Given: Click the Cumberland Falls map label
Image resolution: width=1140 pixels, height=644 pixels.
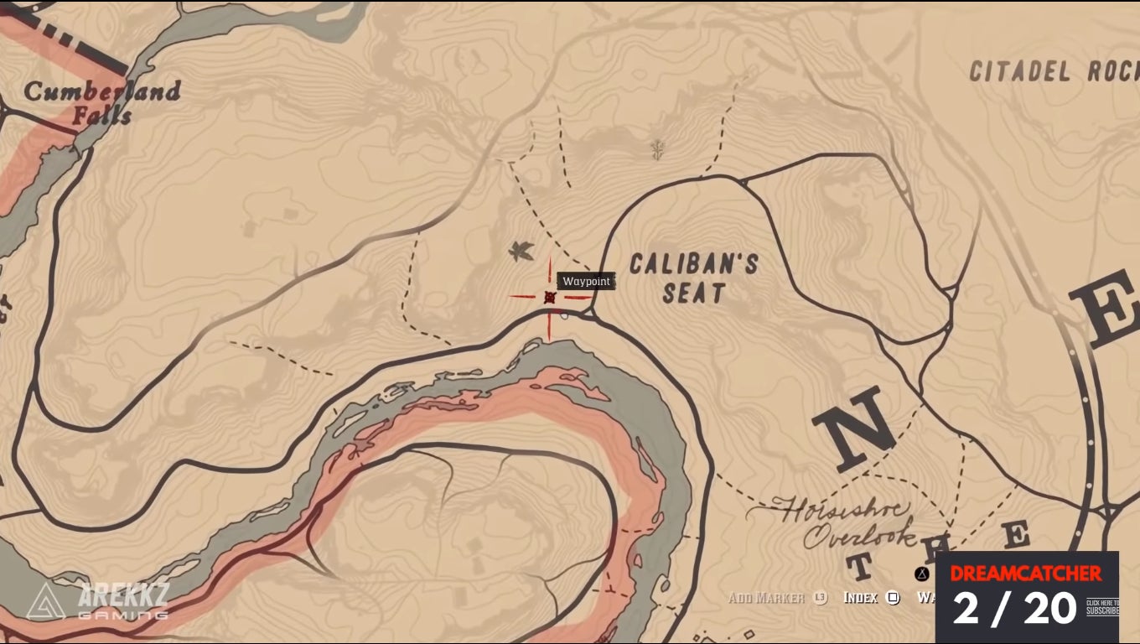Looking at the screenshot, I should coord(101,102).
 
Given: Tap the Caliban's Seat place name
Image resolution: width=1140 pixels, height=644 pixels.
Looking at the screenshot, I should coord(693,278).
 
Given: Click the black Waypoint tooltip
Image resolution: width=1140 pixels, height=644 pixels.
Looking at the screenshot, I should coord(586,282).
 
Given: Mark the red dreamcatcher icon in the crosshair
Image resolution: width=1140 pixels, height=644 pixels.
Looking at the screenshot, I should coord(550,297).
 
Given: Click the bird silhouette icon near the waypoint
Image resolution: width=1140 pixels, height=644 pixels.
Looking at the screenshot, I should coord(521,250).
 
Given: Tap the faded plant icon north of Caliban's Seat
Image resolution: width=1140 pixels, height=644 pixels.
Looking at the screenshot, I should coord(658,149).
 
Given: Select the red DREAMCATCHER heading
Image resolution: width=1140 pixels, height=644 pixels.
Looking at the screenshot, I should coord(1025,574).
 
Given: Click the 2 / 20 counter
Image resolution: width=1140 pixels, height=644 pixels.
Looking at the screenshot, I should coord(1014,608).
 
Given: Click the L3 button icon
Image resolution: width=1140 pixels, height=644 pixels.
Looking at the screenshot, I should coord(821,598).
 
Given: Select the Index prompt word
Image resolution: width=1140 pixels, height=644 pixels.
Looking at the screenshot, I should coord(860,598).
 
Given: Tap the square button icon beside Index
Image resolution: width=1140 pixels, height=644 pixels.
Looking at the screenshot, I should coord(894,598).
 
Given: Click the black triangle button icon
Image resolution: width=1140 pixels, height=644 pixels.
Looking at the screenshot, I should coord(922,574).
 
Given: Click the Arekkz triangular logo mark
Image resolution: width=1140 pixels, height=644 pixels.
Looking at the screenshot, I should coord(45,601).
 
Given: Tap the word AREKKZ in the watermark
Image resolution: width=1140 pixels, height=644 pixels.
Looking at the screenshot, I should coord(123,595).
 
